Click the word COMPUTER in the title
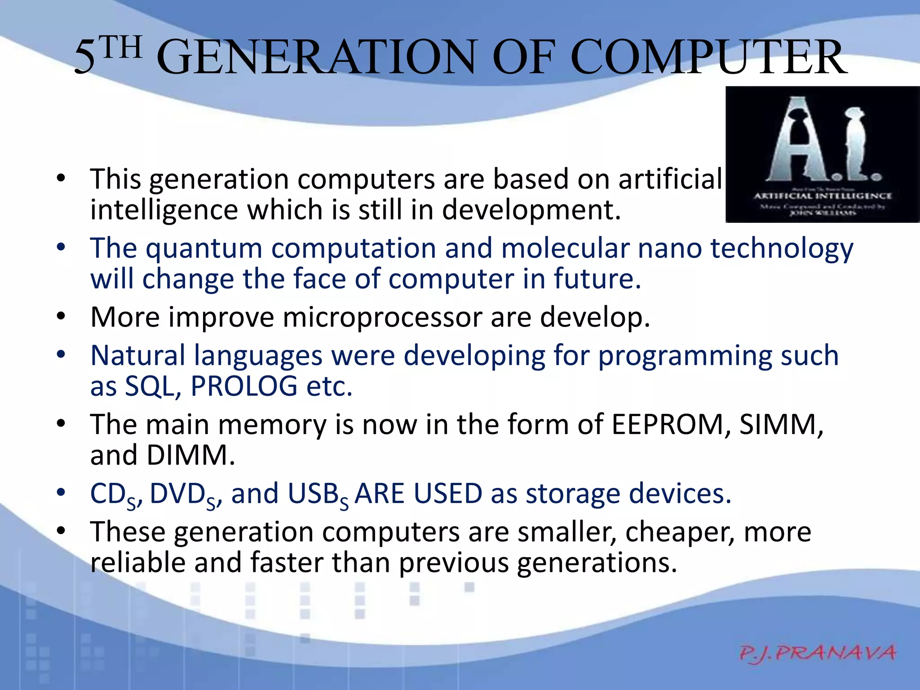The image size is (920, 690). (710, 57)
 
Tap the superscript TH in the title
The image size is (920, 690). (120, 48)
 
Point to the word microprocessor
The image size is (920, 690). (382, 317)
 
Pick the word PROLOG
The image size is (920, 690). (243, 386)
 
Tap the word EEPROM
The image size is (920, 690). (668, 424)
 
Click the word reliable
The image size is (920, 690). (137, 562)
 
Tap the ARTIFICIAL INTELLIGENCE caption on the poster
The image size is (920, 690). (822, 196)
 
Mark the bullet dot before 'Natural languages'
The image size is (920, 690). (62, 354)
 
